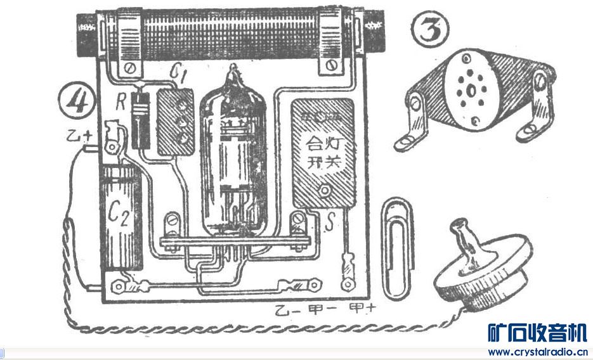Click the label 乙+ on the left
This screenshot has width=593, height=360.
tap(79, 135)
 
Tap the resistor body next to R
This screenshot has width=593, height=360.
tap(140, 115)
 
